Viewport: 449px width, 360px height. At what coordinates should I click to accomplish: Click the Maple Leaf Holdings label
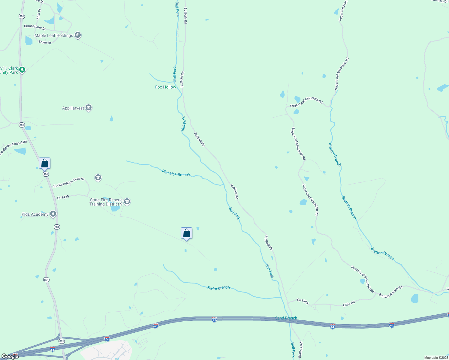coord(54,35)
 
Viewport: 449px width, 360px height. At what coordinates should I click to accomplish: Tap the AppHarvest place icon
coord(88,108)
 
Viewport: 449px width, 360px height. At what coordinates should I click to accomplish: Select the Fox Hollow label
coord(165,87)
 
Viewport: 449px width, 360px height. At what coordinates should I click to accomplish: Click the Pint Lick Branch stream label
coord(176,173)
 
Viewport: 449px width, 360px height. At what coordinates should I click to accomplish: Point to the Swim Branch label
coord(218,288)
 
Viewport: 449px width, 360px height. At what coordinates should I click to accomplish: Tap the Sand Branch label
coord(286,318)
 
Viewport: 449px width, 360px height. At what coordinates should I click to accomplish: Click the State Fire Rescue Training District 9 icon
coord(127,201)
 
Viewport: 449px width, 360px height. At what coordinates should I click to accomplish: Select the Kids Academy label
coord(35,214)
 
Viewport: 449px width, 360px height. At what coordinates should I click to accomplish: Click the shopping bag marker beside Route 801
coord(44,163)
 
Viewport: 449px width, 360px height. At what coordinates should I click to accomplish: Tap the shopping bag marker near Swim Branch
coord(186,233)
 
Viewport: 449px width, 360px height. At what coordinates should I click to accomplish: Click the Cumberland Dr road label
coord(35,27)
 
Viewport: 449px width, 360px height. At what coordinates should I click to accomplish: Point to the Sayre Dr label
coord(45,43)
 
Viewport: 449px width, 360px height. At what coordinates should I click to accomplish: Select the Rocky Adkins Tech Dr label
coord(69,182)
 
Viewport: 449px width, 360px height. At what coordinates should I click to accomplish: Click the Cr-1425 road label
coord(63,197)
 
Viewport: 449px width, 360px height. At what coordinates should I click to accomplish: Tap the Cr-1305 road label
coord(303,301)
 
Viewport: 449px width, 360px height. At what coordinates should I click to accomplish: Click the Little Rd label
coord(349,304)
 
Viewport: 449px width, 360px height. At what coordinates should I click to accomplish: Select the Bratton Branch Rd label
coord(390,292)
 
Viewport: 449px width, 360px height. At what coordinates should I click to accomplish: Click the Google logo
coord(10,356)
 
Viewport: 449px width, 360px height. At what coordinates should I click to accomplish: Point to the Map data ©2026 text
coord(436,358)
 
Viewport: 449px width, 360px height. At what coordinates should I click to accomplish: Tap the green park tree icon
coord(22,70)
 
